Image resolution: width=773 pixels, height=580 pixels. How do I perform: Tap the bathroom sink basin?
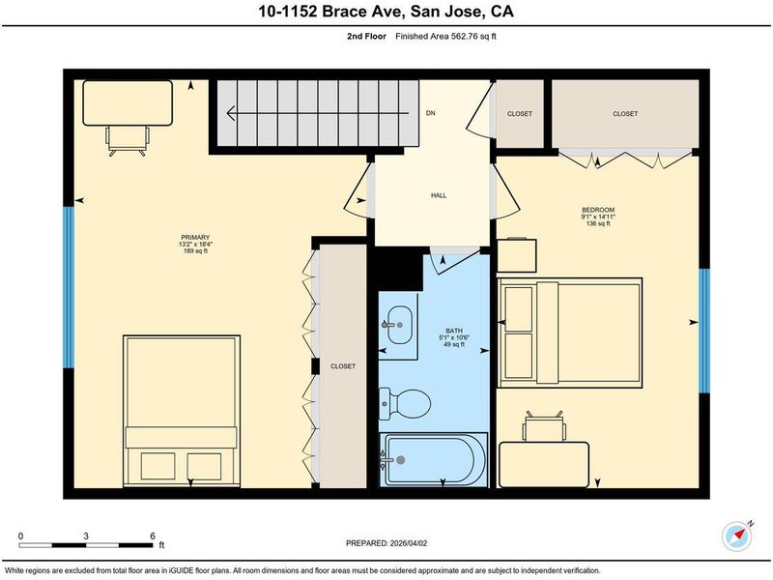(399, 325)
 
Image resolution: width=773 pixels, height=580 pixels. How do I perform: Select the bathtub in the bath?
(433, 460)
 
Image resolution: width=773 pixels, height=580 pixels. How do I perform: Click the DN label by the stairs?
(430, 113)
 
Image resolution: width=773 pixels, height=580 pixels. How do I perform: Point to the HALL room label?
(439, 195)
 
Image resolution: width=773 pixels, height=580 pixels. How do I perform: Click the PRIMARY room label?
(195, 237)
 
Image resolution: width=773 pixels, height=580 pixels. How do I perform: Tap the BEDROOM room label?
(598, 210)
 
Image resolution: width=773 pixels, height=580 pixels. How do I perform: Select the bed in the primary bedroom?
(182, 411)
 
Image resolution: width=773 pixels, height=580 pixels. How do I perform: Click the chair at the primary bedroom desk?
(128, 140)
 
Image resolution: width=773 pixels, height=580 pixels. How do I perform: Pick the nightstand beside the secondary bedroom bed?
(517, 255)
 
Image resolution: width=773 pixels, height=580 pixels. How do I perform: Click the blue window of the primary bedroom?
(69, 287)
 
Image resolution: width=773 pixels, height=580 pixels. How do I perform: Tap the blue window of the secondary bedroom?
(704, 331)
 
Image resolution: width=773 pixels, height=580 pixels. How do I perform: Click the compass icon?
(737, 536)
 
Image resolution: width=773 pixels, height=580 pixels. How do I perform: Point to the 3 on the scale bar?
(86, 536)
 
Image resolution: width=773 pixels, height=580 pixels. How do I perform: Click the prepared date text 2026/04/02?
(408, 543)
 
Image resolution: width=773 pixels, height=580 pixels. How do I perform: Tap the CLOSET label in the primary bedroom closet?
(343, 366)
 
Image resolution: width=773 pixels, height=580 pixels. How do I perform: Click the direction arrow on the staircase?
(318, 113)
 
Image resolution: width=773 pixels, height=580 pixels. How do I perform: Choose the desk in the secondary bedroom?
(544, 464)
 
